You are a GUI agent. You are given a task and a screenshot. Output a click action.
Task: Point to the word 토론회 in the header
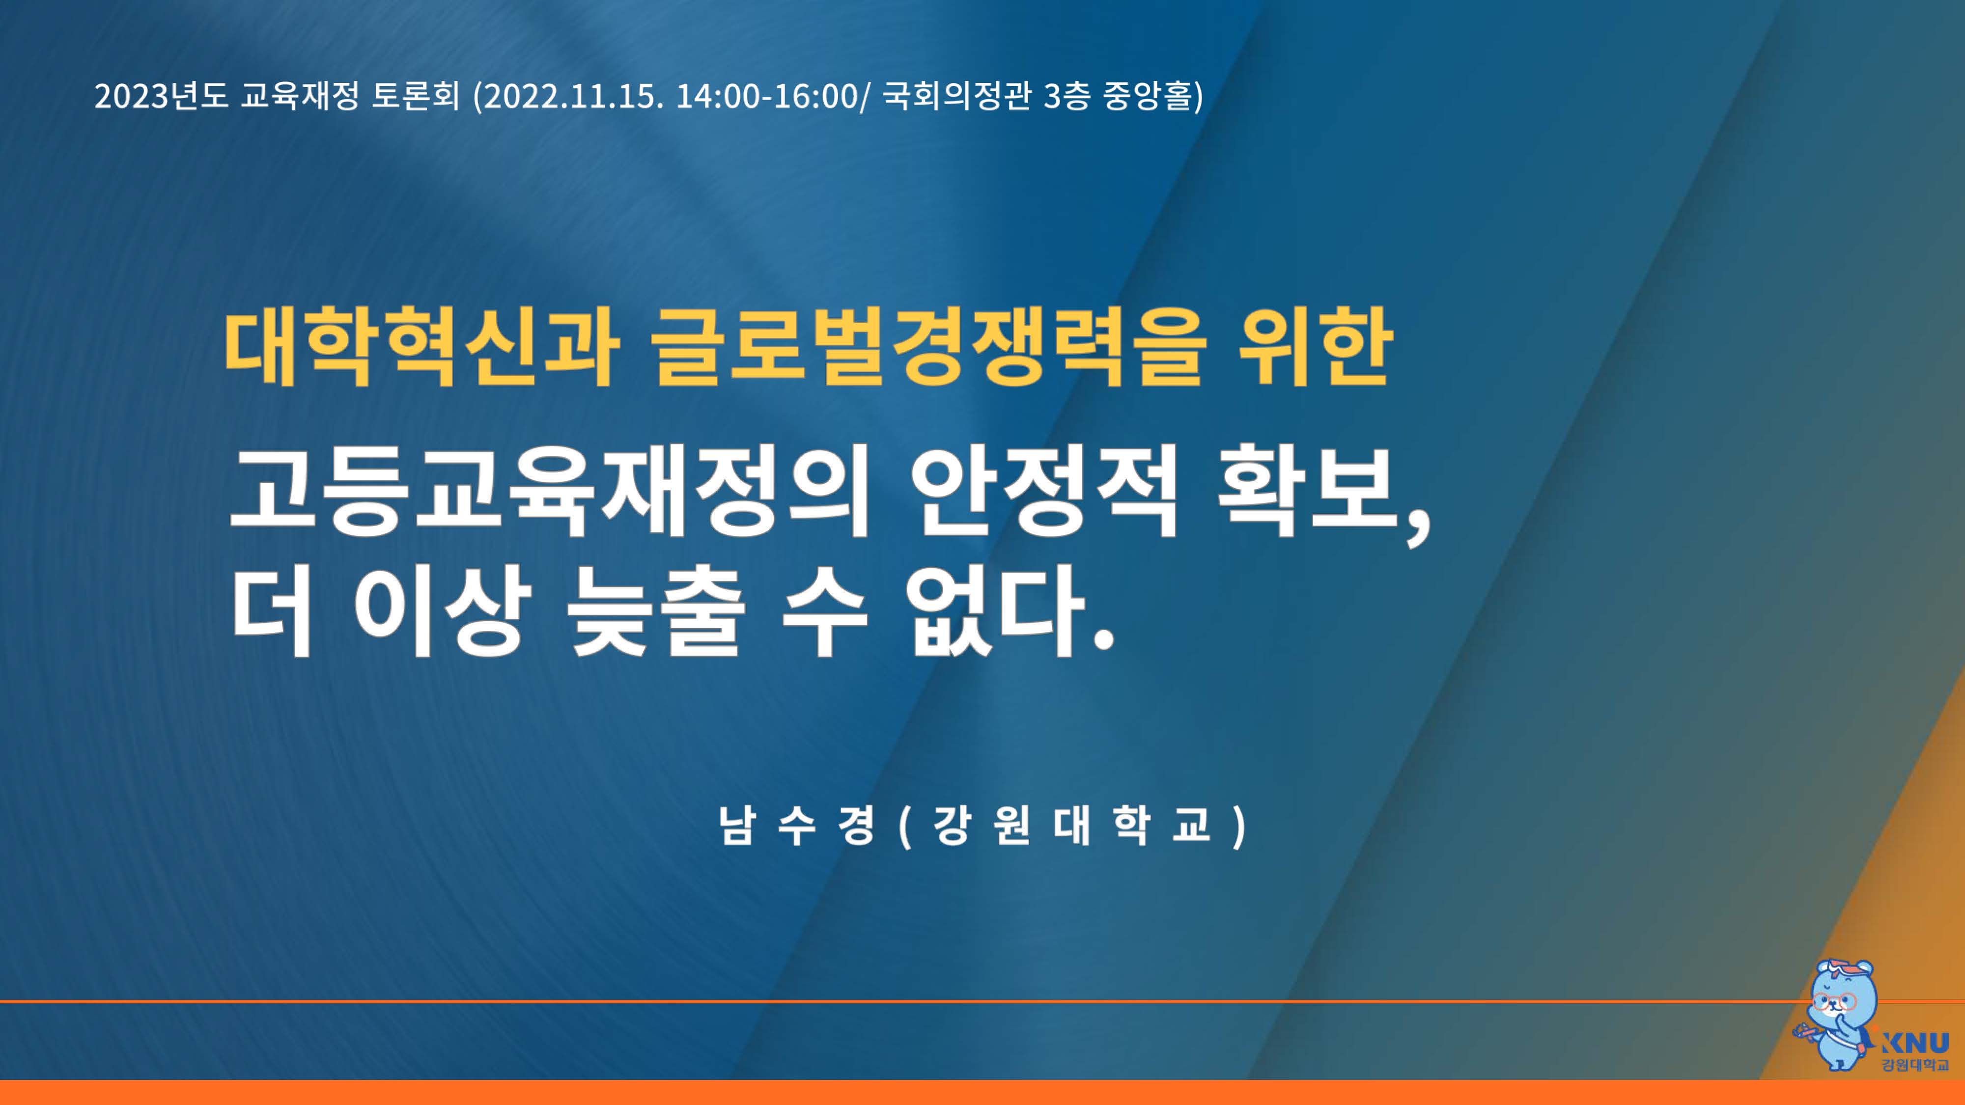pos(416,97)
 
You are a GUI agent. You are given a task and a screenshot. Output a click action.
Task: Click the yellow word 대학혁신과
pos(421,347)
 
